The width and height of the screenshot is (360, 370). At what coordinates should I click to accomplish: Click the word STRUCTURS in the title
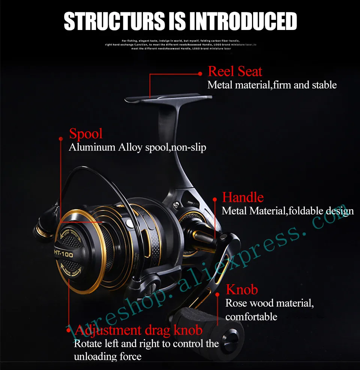[114, 22]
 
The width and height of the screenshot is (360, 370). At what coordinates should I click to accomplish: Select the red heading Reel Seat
[235, 72]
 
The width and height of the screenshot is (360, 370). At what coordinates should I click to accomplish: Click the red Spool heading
[86, 134]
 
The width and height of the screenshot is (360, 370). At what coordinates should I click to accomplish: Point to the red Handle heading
[243, 197]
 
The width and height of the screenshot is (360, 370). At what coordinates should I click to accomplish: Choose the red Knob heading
[242, 290]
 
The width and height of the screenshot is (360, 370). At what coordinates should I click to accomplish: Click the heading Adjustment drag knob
[139, 330]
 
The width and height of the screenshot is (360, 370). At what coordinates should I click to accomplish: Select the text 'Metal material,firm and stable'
[272, 85]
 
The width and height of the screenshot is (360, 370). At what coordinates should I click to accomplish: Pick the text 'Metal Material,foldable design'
[288, 211]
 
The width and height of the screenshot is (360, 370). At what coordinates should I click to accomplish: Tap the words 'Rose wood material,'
[269, 303]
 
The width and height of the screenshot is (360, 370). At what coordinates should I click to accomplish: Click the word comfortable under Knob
[251, 317]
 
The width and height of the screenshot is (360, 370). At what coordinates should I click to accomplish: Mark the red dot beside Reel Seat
[200, 74]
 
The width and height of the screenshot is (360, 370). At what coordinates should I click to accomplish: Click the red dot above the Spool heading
[61, 138]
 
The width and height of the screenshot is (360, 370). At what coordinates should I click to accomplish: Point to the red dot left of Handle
[215, 200]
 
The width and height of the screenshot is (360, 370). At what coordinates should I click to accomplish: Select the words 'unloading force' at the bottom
[108, 356]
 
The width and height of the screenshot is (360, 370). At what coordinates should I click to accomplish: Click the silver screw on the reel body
[176, 204]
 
